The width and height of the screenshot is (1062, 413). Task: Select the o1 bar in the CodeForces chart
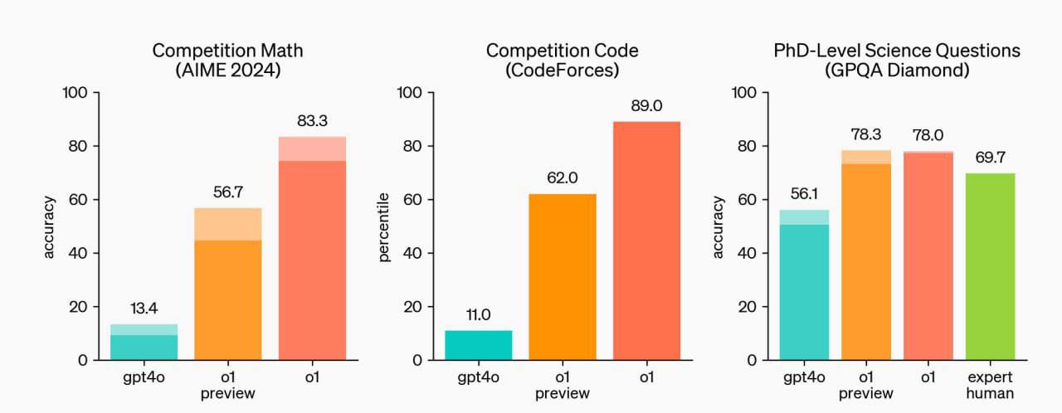[x=646, y=241]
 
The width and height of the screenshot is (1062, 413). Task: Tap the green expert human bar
[x=990, y=266]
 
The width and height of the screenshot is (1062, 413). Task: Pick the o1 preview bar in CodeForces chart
[x=563, y=276]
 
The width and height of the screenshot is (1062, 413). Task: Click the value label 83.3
[x=312, y=122]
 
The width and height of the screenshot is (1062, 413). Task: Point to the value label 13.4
[x=144, y=309]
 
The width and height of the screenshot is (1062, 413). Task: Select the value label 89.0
[x=646, y=107]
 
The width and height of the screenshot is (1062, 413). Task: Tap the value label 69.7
[x=990, y=158]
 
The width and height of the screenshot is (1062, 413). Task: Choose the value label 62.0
[x=563, y=178]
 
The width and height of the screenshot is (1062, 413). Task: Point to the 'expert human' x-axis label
[x=990, y=386]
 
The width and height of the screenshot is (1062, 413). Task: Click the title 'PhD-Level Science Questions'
[x=892, y=51]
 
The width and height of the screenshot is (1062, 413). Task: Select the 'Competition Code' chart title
[x=563, y=51]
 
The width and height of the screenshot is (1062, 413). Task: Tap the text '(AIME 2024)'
[x=228, y=70]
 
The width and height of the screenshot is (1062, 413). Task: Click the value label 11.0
[x=479, y=315]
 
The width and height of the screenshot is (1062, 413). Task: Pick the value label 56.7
[x=228, y=192]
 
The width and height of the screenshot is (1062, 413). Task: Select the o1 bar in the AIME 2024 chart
[x=312, y=248]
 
